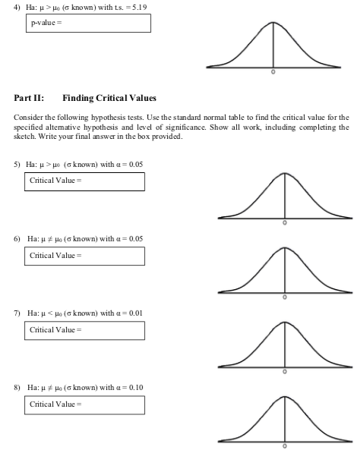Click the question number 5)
17,164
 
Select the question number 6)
17,238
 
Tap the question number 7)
17,313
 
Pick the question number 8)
17,387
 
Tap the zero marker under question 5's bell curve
285,225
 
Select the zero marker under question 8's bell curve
285,447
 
